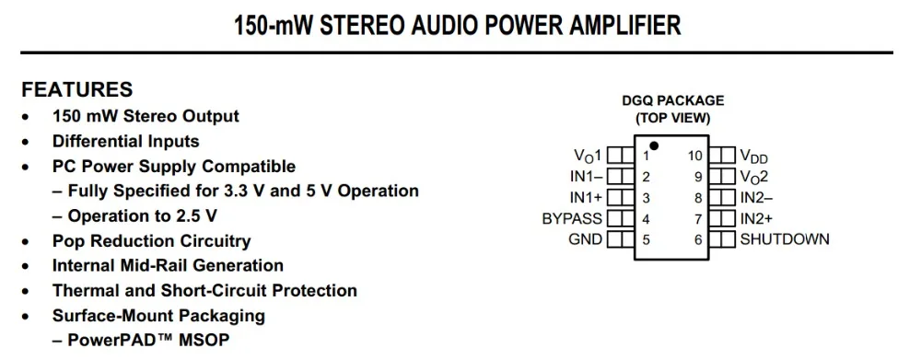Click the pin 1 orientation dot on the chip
pos(654,145)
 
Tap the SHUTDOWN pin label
pos(785,239)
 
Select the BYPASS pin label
pos(572,219)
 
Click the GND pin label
pos(586,239)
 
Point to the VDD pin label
pos(754,157)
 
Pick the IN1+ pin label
pos(587,197)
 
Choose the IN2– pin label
pos(756,197)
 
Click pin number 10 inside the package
pos(695,156)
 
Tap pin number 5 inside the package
pos(647,239)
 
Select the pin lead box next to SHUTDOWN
pos(722,239)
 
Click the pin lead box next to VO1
pos(620,155)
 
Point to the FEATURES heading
pos(77,90)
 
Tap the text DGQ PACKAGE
pos(673,100)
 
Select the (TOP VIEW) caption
pos(673,118)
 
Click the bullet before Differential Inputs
pos(25,142)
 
